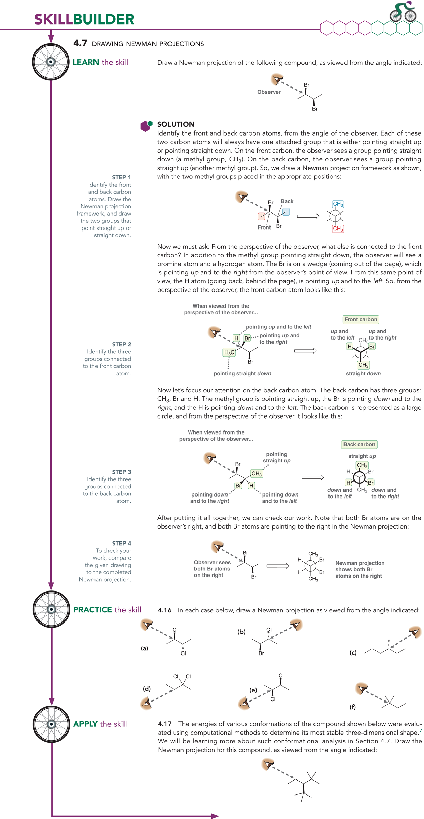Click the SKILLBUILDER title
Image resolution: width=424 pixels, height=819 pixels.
point(84,19)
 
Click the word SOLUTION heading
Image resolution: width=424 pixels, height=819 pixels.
point(176,124)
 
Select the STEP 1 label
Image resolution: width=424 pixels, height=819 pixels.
point(121,177)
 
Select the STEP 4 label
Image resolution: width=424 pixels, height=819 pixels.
point(121,543)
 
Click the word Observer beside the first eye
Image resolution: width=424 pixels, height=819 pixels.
point(269,92)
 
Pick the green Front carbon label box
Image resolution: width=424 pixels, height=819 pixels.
point(361,319)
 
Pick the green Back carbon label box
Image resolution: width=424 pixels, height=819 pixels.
point(359,444)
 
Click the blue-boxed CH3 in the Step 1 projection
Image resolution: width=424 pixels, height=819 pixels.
point(338,204)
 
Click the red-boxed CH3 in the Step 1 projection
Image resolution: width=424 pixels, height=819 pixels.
point(338,229)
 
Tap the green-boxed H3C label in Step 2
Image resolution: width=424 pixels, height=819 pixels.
point(229,352)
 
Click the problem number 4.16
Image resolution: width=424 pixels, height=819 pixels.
point(164,610)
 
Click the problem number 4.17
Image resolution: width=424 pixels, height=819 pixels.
point(164,724)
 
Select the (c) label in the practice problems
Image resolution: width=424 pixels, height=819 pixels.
point(353,652)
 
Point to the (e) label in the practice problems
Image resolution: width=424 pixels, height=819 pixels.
point(253,690)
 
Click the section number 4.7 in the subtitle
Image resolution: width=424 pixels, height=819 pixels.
point(80,43)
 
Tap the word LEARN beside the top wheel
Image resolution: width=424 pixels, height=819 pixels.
point(86,62)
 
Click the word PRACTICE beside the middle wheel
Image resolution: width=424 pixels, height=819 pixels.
point(92,610)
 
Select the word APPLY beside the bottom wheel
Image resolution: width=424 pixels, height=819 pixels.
point(85,724)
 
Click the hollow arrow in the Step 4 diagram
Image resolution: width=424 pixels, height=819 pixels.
point(277,566)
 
